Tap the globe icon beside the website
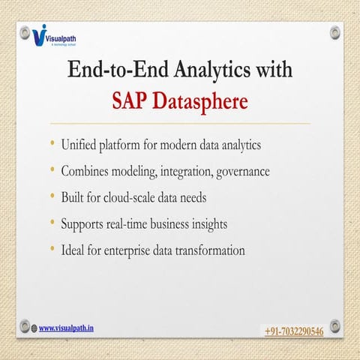(34, 328)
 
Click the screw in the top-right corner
(334, 34)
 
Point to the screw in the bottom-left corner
(25, 325)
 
